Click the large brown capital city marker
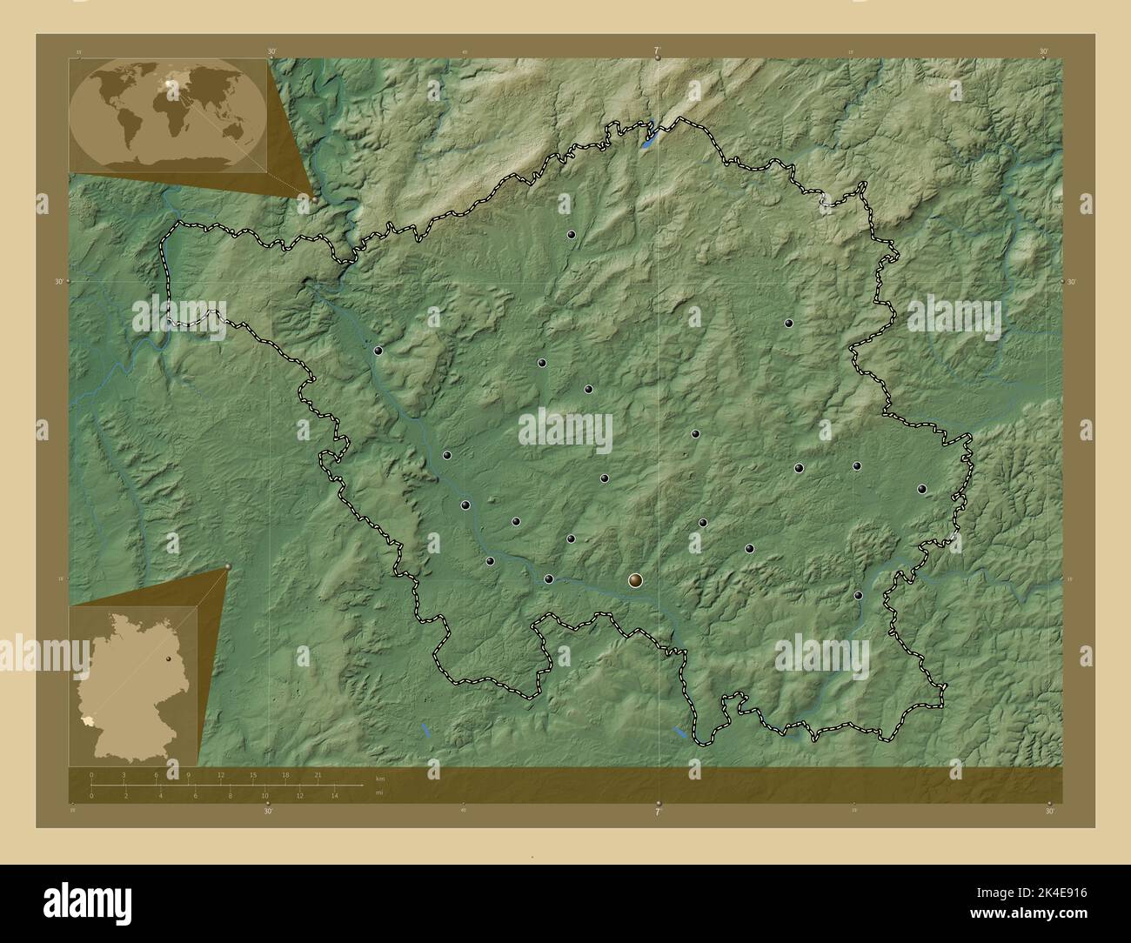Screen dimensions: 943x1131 [x=637, y=579]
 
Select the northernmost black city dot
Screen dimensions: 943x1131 [x=572, y=235]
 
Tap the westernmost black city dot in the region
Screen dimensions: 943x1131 [x=378, y=351]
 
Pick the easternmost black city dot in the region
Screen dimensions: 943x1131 [x=921, y=489]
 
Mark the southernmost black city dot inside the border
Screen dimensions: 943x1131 [x=859, y=595]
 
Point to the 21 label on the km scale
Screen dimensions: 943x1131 [x=318, y=774]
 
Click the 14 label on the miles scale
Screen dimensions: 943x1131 [x=334, y=795]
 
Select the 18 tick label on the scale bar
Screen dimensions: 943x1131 [x=284, y=774]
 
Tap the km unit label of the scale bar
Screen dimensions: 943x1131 [x=380, y=778]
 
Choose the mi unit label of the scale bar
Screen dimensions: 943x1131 [x=379, y=792]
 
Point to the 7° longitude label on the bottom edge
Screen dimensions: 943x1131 [x=658, y=811]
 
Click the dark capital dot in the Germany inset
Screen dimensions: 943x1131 [x=169, y=660]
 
